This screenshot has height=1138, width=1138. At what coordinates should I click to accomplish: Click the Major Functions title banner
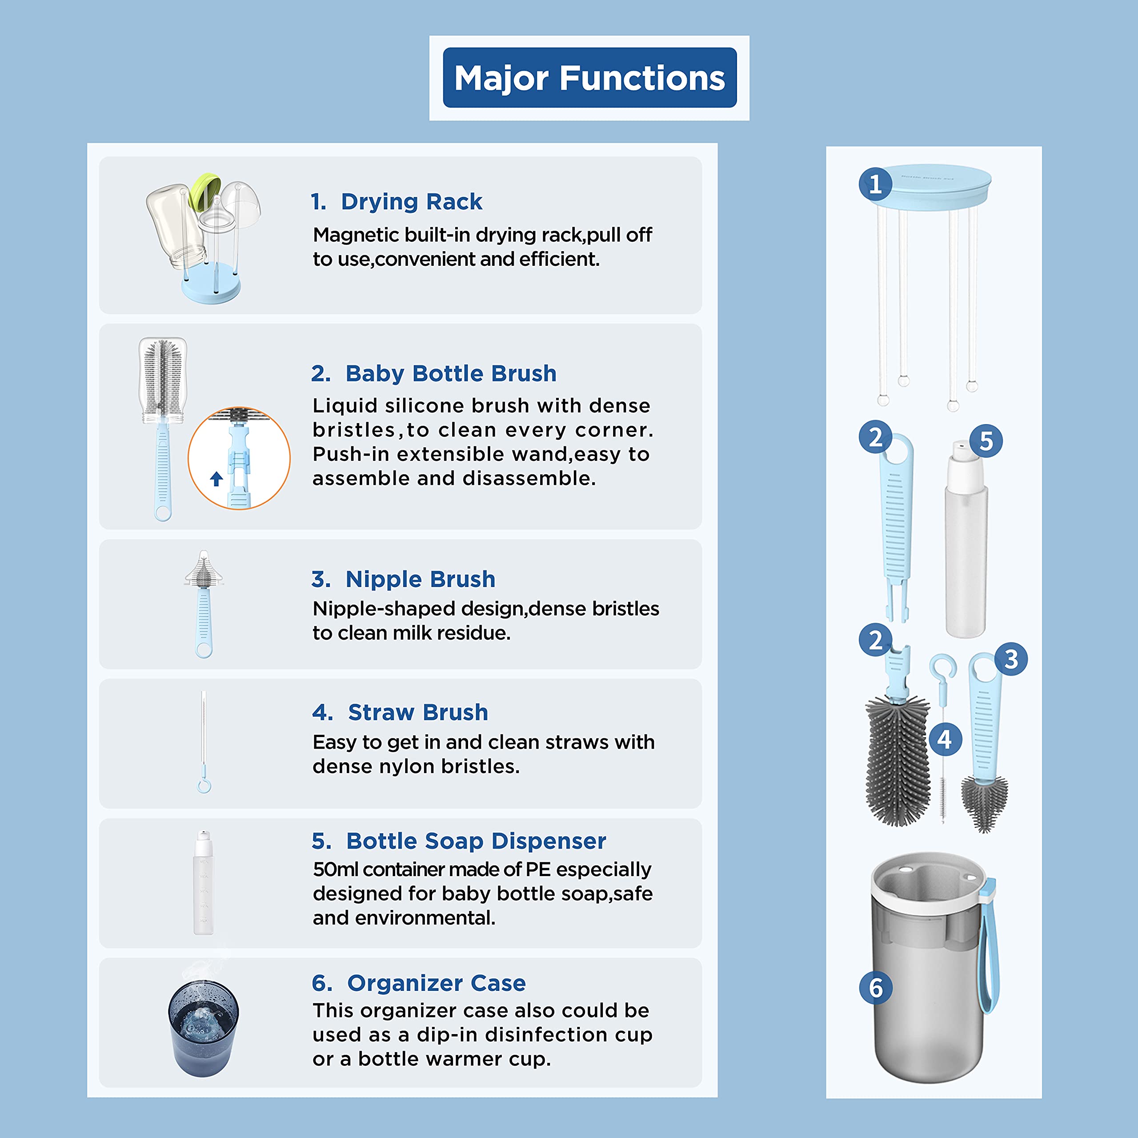click(589, 78)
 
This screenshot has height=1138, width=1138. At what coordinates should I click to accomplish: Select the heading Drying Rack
click(397, 201)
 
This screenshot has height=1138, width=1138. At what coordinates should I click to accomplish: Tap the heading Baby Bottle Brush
click(433, 373)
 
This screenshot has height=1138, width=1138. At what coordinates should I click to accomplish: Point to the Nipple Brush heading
click(404, 579)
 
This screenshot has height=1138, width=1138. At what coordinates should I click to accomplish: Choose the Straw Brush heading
click(401, 712)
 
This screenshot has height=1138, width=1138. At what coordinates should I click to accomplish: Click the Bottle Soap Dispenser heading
click(459, 841)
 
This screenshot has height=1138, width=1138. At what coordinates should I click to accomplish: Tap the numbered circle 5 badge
click(986, 441)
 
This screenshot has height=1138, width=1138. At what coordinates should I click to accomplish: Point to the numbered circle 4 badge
click(945, 739)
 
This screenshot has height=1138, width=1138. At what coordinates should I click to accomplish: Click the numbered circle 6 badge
click(876, 988)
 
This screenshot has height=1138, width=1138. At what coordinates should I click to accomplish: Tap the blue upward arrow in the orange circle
click(216, 479)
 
